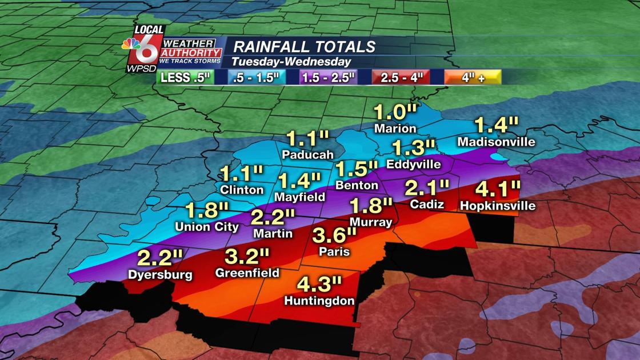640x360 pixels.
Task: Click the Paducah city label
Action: (x=307, y=155)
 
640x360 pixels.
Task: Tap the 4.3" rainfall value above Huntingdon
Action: (x=319, y=283)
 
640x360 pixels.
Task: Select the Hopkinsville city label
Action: (x=498, y=206)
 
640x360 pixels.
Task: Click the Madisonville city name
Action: (x=496, y=141)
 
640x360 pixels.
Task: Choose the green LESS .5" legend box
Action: (x=185, y=78)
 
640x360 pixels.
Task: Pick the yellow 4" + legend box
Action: (x=473, y=78)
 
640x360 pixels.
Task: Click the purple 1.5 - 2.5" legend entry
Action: (x=330, y=78)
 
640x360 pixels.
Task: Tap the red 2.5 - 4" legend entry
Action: (x=401, y=78)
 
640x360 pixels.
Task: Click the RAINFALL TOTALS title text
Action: (x=305, y=47)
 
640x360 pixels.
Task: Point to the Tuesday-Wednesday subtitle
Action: (x=291, y=62)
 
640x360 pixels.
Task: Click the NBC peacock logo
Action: (x=130, y=45)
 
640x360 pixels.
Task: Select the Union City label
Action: (x=207, y=227)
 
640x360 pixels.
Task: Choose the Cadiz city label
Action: (x=427, y=204)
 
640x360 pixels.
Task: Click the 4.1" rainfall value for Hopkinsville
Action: (x=498, y=187)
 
